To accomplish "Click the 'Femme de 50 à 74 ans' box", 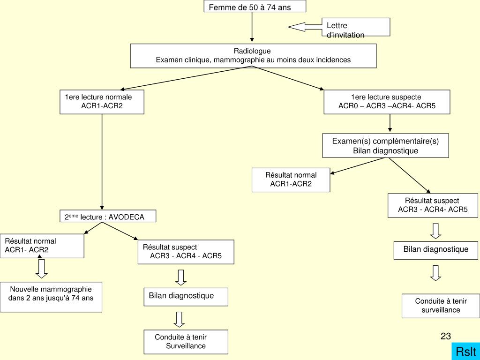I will point(255,7).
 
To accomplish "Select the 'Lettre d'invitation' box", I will point(356,27).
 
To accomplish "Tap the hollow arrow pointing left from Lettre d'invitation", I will point(305,27).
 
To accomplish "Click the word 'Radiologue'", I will point(252,51).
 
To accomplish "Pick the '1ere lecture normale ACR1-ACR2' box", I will point(102,102).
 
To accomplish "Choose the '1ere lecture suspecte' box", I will point(387,102).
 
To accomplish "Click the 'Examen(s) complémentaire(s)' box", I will point(385,146).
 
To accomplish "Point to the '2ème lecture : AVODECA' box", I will point(107,216).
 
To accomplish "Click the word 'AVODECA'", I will point(127,217).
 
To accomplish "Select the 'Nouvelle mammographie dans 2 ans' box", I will point(51,297).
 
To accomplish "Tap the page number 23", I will point(445,336).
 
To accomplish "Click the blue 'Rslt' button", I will point(466,352).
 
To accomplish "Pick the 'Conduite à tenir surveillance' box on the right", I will point(441,306).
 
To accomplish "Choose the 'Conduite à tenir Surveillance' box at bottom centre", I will point(186,342).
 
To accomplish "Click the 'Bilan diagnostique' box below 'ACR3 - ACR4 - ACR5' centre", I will point(186,296).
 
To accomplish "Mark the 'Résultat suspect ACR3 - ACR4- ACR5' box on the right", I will point(433,205).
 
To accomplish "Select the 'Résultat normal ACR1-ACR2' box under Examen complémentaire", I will point(291,180).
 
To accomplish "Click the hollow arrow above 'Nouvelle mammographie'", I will point(42,269).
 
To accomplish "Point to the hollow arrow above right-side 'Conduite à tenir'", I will point(436,273).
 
